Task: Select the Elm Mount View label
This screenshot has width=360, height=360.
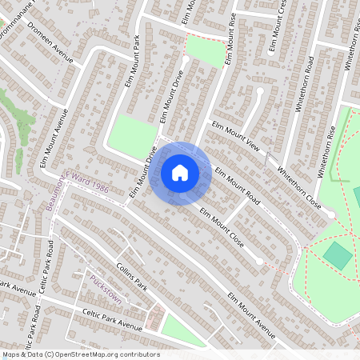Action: (x=236, y=136)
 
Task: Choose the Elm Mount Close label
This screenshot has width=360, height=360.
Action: (x=222, y=227)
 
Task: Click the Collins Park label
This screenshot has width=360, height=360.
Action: (x=132, y=277)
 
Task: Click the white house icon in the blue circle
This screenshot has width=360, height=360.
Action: (x=180, y=173)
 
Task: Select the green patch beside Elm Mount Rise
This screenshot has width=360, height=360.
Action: (x=206, y=52)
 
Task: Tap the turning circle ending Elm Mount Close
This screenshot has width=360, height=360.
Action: (x=259, y=261)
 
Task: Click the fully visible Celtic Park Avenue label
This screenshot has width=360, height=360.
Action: (x=112, y=319)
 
